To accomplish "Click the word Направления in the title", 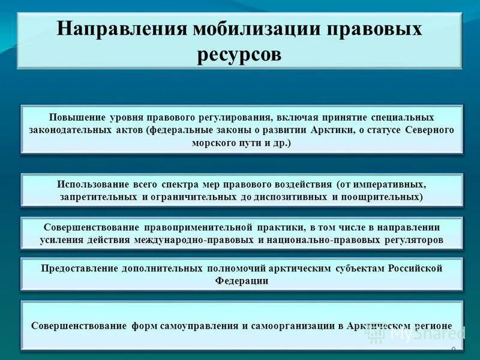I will pyautogui.click(x=120, y=30).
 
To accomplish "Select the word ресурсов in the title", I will pyautogui.click(x=239, y=55).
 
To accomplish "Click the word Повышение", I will pyautogui.click(x=74, y=117).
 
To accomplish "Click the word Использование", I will pyautogui.click(x=96, y=184).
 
